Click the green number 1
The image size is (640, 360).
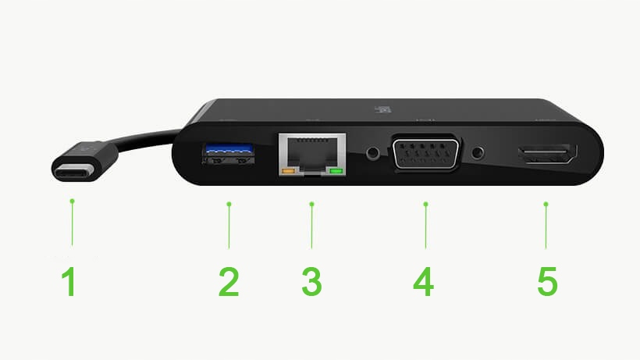click(x=69, y=281)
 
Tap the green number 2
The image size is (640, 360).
click(x=229, y=281)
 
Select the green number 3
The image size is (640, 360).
click(x=312, y=281)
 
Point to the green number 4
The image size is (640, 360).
click(x=423, y=281)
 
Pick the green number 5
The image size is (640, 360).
click(x=547, y=281)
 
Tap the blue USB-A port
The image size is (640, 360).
click(x=229, y=153)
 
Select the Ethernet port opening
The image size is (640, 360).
click(x=312, y=155)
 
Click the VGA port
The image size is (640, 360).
click(x=425, y=152)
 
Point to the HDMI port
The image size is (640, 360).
click(x=548, y=154)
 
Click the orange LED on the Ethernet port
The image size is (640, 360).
click(x=288, y=170)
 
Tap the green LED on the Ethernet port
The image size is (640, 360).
click(x=336, y=170)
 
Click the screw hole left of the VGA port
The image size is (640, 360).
click(x=372, y=154)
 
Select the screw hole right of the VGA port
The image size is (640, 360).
click(x=478, y=154)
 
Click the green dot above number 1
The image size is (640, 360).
click(x=73, y=201)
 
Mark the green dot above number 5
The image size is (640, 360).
click(x=546, y=204)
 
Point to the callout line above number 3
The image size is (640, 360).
click(x=312, y=226)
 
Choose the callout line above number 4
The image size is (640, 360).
click(x=425, y=226)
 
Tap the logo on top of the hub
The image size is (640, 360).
click(x=383, y=109)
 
